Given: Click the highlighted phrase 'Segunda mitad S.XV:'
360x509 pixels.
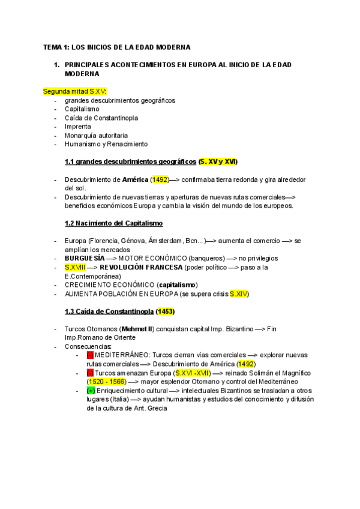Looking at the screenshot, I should (74, 91).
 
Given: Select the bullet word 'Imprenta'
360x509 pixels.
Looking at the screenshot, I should (78, 127).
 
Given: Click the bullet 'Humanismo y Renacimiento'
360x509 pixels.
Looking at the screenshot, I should (106, 144).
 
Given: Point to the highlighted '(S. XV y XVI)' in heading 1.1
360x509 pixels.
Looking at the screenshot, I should (218, 161).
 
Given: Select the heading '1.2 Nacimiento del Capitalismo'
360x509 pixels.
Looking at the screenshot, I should (113, 223).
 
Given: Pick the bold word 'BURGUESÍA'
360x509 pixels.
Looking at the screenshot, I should (85, 258).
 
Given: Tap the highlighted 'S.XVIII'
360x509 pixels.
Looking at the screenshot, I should (76, 267).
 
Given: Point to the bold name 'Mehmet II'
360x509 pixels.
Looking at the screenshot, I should (136, 330).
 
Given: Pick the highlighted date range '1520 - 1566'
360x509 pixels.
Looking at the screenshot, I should (105, 382).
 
